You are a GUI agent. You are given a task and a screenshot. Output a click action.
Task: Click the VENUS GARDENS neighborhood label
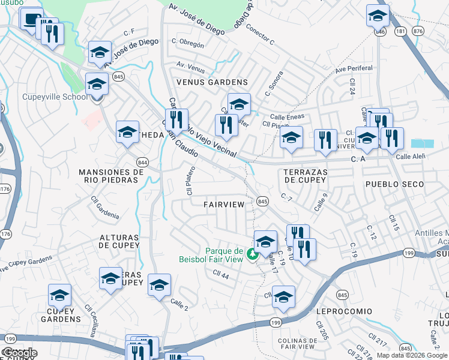(211, 82)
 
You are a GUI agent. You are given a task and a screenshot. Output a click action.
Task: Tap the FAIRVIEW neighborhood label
(224, 205)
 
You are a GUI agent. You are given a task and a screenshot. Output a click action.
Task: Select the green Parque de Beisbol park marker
(253, 254)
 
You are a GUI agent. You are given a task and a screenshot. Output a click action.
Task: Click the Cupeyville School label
(46, 97)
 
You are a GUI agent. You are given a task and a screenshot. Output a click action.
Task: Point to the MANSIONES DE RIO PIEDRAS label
(112, 176)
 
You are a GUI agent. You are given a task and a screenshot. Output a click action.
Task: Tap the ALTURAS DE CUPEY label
(119, 241)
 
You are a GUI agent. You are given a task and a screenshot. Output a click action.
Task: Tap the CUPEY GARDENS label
(61, 314)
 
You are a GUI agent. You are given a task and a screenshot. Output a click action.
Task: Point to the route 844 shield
(142, 162)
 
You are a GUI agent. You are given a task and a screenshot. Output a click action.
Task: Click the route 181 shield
(400, 31)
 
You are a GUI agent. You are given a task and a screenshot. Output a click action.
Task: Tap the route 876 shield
(418, 31)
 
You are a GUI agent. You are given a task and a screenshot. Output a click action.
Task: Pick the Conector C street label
(260, 36)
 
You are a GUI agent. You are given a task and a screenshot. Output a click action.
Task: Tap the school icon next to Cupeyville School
(97, 84)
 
